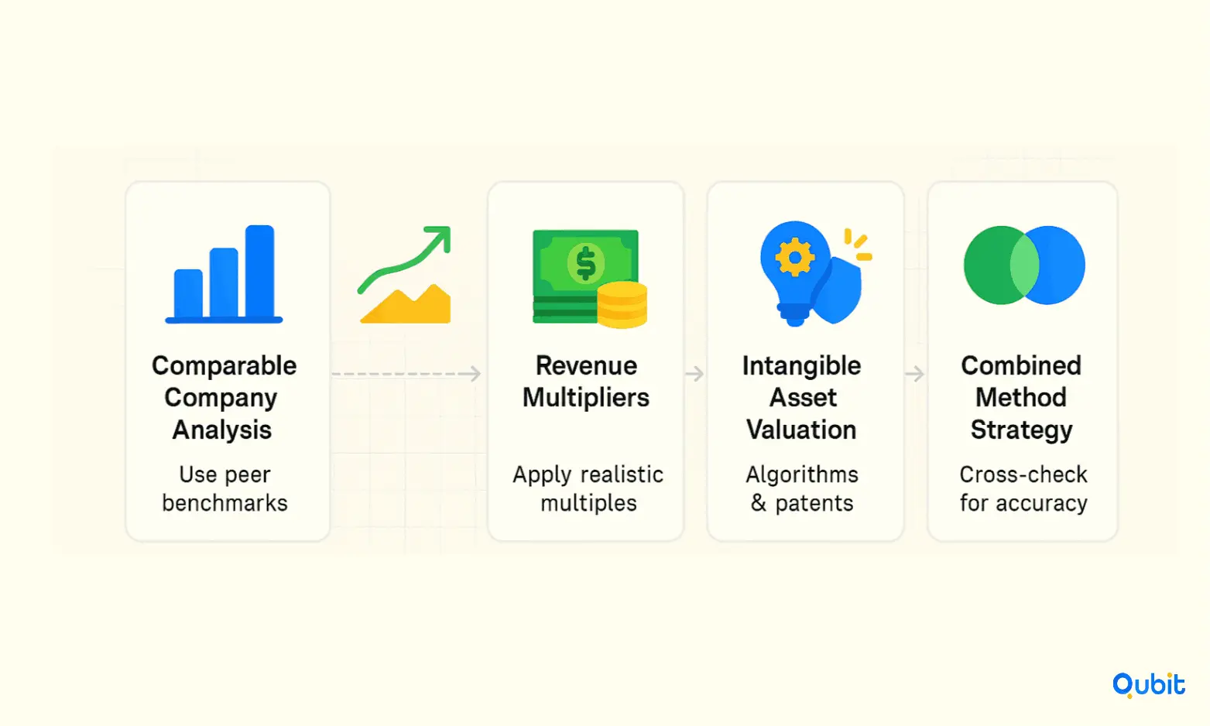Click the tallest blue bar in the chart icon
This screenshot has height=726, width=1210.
point(260,271)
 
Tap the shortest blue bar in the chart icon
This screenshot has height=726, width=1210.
point(188,293)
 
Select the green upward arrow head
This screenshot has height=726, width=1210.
point(439,238)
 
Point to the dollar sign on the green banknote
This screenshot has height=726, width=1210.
point(585,263)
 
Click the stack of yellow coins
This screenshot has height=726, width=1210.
point(622,305)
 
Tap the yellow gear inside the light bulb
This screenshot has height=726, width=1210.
point(794,257)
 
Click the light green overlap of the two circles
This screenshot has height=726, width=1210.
point(1025,265)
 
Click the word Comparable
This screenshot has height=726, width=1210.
point(225,366)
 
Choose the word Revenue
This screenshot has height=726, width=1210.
point(586,365)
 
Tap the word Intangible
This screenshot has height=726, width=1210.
point(801,365)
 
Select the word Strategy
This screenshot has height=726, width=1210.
point(1021,430)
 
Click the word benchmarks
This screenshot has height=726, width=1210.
point(225,503)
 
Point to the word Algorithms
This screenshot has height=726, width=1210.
point(802,474)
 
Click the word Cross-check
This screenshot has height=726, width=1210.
point(1023,474)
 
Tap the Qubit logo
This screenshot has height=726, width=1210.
point(1149,685)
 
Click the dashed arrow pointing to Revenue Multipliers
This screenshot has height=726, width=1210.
point(406,373)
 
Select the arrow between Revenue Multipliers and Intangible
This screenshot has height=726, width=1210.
point(694,373)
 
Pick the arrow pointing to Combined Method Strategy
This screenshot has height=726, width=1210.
point(914,373)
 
